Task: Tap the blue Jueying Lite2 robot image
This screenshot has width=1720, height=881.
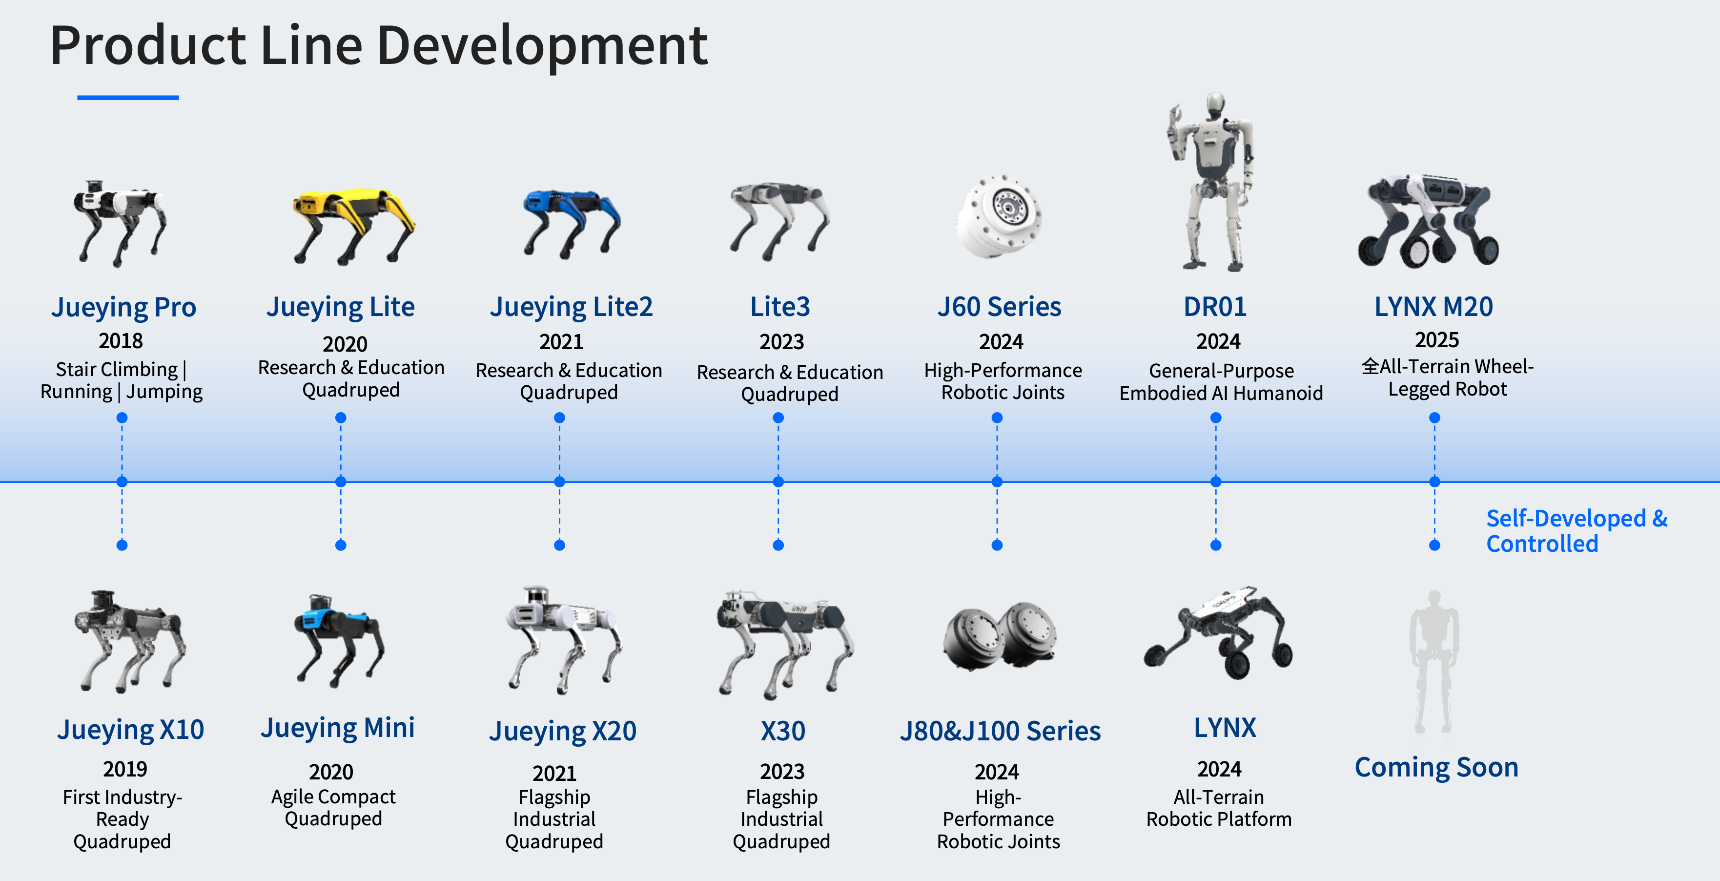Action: tap(572, 223)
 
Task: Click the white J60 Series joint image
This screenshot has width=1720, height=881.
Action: tap(998, 215)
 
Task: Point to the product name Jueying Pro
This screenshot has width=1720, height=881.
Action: tap(123, 307)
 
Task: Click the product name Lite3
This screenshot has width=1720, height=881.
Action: tap(780, 307)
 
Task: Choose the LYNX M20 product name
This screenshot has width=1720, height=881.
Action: tap(1433, 307)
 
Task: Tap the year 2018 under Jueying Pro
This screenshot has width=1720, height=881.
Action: tap(121, 341)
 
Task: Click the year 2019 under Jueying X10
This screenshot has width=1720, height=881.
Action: tap(125, 769)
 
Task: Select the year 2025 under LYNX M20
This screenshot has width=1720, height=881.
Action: tap(1437, 339)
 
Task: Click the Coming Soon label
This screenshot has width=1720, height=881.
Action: tap(1436, 767)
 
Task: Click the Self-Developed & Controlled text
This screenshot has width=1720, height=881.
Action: tap(1577, 531)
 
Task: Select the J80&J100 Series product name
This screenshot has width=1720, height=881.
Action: tap(1000, 731)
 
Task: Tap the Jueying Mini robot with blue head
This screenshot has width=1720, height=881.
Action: tap(339, 640)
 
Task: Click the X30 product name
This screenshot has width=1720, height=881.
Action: tap(782, 731)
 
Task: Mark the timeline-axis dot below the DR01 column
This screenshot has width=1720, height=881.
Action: tap(1216, 482)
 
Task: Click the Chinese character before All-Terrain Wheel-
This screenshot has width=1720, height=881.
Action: tap(1370, 367)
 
